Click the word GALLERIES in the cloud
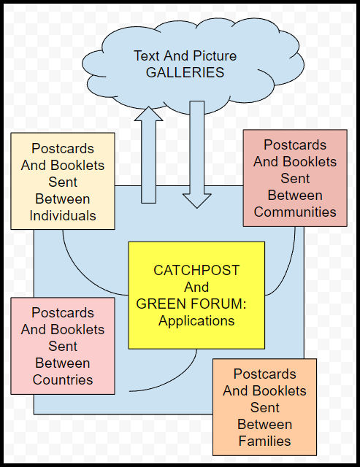185,72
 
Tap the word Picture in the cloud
215,56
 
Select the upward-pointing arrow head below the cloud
148,114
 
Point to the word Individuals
63,216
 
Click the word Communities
295,212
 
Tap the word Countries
63,379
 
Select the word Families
264,441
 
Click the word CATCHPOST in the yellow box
196,271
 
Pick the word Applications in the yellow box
196,321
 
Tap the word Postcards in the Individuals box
63,148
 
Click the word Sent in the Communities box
295,178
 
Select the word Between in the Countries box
63,363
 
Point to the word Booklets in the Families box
282,391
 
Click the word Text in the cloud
146,56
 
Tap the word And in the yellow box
196,287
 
